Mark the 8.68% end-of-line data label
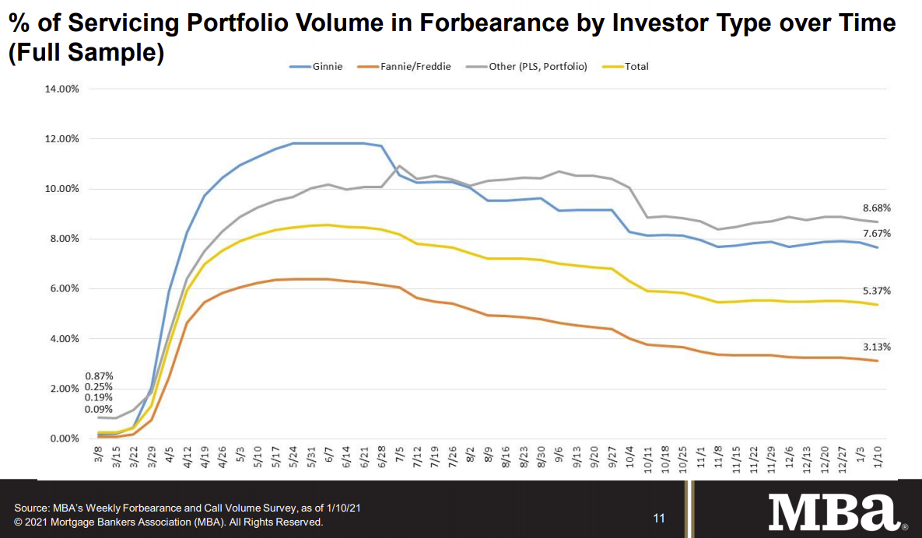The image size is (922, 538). click(876, 208)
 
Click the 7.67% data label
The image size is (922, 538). click(876, 233)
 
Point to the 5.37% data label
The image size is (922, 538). click(876, 291)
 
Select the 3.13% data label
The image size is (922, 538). click(876, 347)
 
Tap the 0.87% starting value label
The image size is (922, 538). click(98, 376)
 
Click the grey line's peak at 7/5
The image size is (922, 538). click(400, 166)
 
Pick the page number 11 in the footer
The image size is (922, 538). click(659, 518)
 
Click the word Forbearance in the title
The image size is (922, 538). click(492, 23)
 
